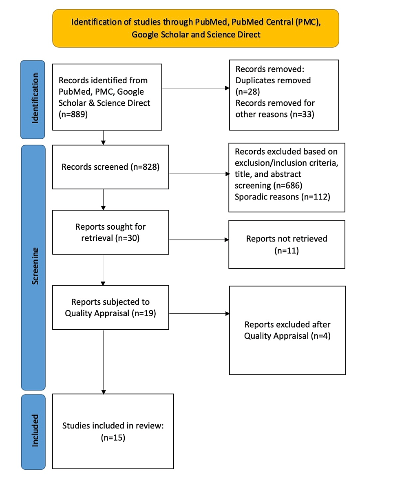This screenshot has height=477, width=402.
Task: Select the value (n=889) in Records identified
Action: pyautogui.click(x=74, y=114)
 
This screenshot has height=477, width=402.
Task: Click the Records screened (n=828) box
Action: pyautogui.click(x=110, y=166)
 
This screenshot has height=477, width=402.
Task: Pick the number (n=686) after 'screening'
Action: pyautogui.click(x=288, y=186)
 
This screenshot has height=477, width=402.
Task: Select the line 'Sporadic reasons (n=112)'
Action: pyautogui.click(x=282, y=197)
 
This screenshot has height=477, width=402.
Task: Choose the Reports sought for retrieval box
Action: pyautogui.click(x=110, y=232)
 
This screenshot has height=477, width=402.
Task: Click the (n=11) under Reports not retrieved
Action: pyautogui.click(x=287, y=250)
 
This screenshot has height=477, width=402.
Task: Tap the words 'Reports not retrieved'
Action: pyautogui.click(x=287, y=239)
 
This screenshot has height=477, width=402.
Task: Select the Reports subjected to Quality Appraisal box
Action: pyautogui.click(x=110, y=308)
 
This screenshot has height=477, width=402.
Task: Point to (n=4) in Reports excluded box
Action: pyautogui.click(x=320, y=336)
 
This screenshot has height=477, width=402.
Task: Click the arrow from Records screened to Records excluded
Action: pyautogui.click(x=199, y=174)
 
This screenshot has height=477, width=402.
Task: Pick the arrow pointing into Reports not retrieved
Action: pyautogui.click(x=199, y=240)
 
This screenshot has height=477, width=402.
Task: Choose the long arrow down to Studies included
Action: pyautogui.click(x=104, y=361)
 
